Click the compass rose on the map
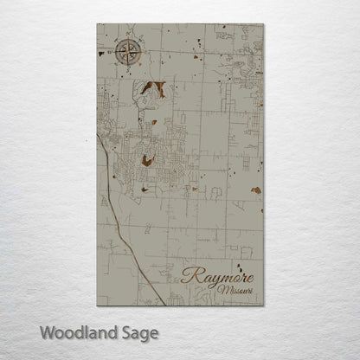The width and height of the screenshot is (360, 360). (x=129, y=53)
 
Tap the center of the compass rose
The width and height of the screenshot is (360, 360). (x=129, y=53)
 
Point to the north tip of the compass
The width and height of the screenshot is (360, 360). (x=129, y=40)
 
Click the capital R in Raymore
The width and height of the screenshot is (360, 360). (x=189, y=276)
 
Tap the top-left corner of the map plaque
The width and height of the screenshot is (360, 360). (x=97, y=24)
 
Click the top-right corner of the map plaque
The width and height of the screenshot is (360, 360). (x=264, y=24)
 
